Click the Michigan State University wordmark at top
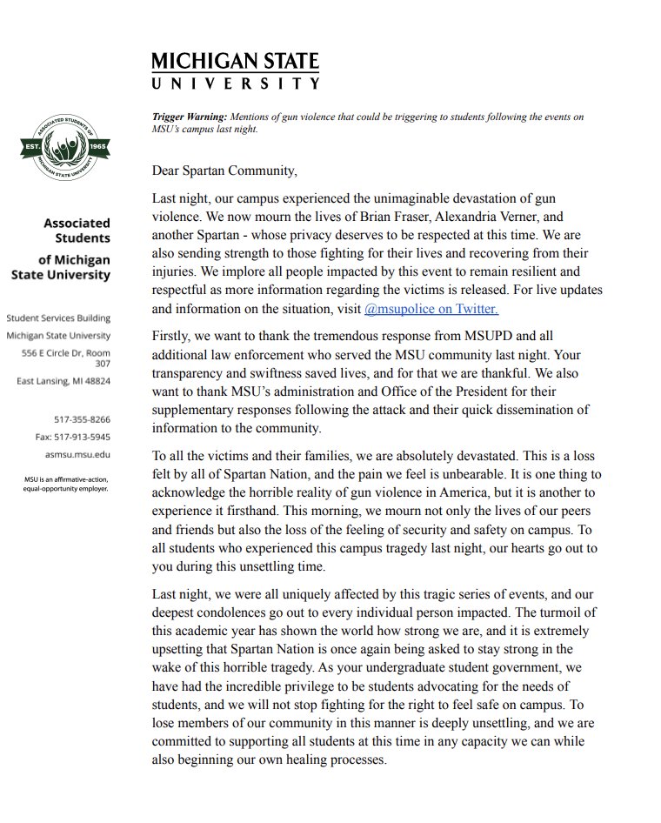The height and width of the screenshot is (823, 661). click(x=235, y=70)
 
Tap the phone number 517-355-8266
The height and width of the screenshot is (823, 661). click(x=82, y=419)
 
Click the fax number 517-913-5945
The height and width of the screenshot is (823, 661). click(x=73, y=436)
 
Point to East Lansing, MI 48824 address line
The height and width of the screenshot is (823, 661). click(x=63, y=381)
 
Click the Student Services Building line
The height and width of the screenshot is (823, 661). click(x=59, y=318)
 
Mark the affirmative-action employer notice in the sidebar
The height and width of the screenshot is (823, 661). click(x=66, y=484)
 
